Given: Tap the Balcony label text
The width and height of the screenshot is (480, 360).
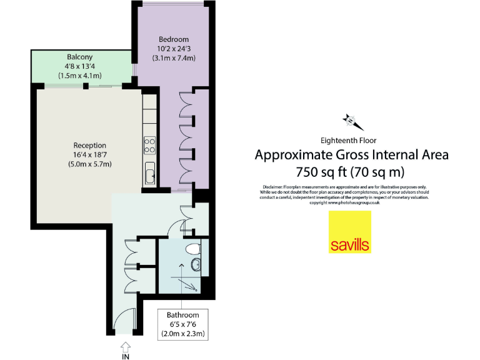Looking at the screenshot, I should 63,56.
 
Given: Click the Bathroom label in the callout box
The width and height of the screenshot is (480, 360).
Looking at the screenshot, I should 182,315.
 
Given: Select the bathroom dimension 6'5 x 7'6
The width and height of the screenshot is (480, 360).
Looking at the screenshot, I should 182,324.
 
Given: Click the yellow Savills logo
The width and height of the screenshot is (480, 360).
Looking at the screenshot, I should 350,232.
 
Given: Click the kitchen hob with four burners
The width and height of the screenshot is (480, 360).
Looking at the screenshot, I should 150,145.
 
